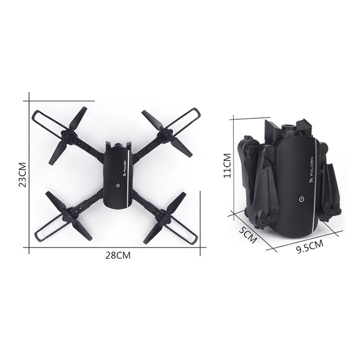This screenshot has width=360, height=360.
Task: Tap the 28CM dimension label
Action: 118,255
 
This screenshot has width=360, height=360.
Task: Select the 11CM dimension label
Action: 227,165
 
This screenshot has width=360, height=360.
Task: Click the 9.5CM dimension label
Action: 310,246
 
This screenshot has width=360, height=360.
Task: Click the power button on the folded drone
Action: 301,198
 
